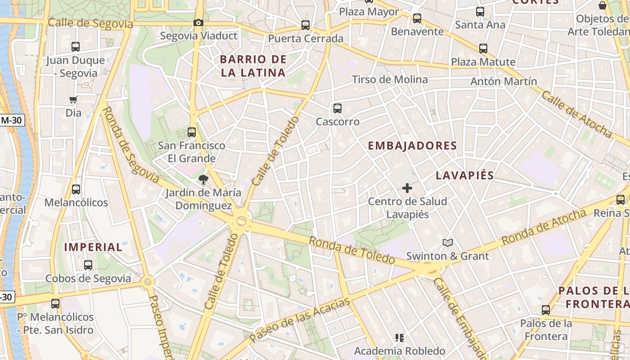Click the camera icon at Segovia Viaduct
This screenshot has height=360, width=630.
coord(198,22)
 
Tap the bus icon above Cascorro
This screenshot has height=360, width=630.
coord(337,108)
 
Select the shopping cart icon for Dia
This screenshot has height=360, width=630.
coord(73,99)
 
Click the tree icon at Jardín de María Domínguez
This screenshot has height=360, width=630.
coord(203,180)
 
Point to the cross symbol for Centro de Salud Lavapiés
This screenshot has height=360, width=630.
coord(407,188)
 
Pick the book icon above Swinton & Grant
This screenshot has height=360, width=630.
coord(447,243)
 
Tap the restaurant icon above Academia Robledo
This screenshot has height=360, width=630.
coord(399,337)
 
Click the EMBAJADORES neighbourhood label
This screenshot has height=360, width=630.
coord(413,146)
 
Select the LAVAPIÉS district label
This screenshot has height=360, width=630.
coord(465,175)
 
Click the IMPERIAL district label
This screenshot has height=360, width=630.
coord(93,247)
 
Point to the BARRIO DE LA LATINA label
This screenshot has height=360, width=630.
coord(253,66)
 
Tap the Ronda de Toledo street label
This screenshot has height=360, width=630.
coord(352,250)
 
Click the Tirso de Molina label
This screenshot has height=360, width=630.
coord(390,80)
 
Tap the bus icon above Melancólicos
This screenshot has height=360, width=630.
coord(76,189)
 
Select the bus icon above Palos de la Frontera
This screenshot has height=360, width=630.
coord(546,310)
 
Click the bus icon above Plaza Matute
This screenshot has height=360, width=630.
coord(483,49)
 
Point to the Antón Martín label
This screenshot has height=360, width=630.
coord(504,81)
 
